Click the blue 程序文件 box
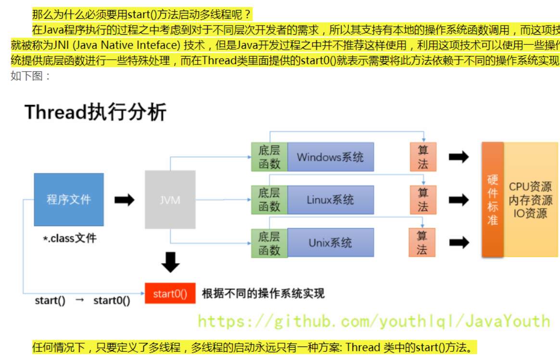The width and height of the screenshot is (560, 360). [x=69, y=199]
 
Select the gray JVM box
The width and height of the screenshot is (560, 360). [x=170, y=199]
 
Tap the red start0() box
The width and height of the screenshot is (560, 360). [x=170, y=294]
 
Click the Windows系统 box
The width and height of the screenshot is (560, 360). [x=330, y=157]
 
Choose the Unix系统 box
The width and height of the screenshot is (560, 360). [x=330, y=243]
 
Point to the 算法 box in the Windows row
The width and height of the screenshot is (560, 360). [x=423, y=157]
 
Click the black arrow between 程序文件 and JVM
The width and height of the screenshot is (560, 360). [x=124, y=200]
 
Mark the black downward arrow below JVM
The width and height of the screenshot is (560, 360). [x=170, y=262]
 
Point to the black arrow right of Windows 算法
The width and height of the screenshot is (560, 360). [x=458, y=157]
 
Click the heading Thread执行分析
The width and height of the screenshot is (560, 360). [x=95, y=112]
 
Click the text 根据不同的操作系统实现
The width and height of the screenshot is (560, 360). [x=263, y=294]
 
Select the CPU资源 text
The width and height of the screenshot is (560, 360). [x=530, y=187]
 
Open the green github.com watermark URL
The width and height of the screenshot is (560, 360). [x=373, y=321]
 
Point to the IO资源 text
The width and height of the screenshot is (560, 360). [x=530, y=213]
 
